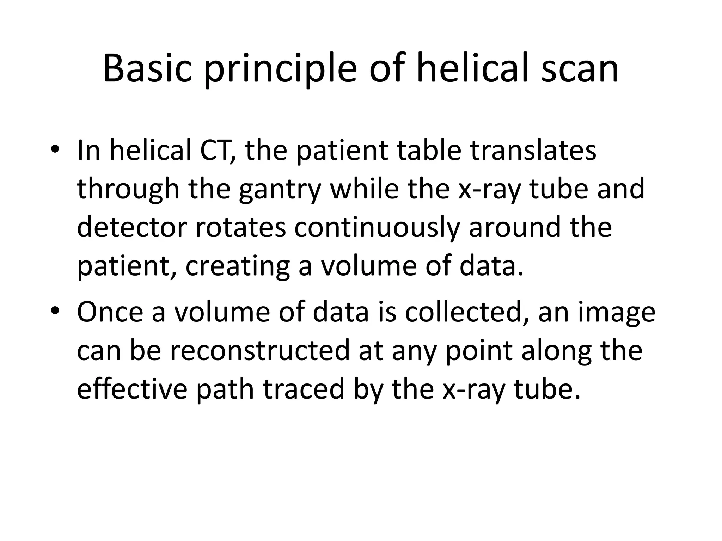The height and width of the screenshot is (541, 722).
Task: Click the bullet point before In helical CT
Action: pos(55,149)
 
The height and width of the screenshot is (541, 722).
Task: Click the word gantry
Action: pos(280,190)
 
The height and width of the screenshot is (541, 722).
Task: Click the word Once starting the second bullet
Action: pos(110,312)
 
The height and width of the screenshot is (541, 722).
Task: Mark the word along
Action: pos(557,351)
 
